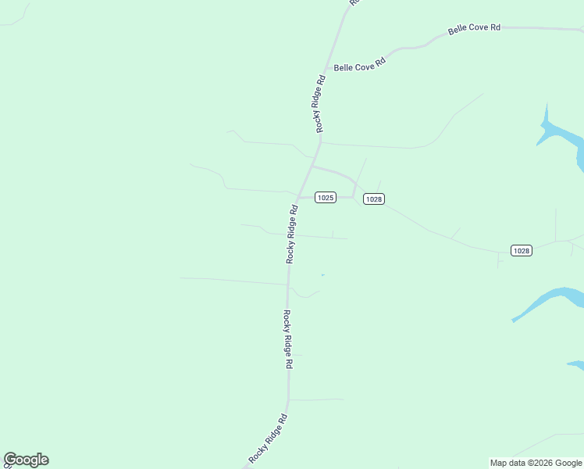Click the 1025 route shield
tap(326, 198)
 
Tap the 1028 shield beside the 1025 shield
tap(374, 199)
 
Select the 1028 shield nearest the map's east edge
tap(522, 251)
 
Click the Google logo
tap(26, 460)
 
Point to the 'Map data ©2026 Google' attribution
tap(536, 463)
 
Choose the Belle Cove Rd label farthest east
tap(474, 29)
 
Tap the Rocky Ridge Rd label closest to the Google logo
tap(269, 439)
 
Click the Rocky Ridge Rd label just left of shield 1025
tap(293, 233)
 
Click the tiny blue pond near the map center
tap(322, 274)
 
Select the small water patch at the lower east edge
tap(576, 364)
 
